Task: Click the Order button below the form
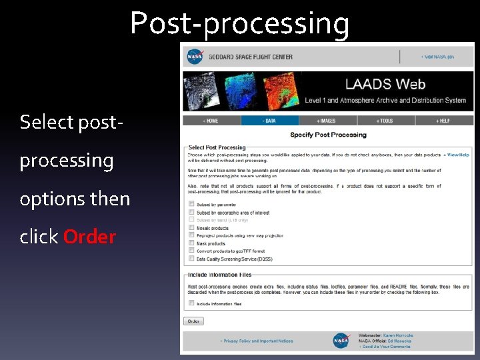click(193, 321)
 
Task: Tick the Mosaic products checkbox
click(191, 227)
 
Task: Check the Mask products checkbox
click(191, 243)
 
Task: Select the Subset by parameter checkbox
click(191, 204)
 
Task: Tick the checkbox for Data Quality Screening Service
click(191, 259)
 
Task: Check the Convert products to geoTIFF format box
click(191, 251)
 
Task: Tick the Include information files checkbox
click(191, 303)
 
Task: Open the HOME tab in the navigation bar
click(211, 121)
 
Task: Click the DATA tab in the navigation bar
click(269, 121)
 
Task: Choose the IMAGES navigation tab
click(327, 121)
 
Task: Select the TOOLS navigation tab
click(385, 121)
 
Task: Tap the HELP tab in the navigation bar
click(443, 121)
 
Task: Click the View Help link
click(457, 155)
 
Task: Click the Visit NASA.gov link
click(437, 57)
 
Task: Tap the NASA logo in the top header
click(195, 57)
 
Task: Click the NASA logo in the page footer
click(341, 340)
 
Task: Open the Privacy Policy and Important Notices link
click(257, 341)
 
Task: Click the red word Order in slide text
click(89, 237)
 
